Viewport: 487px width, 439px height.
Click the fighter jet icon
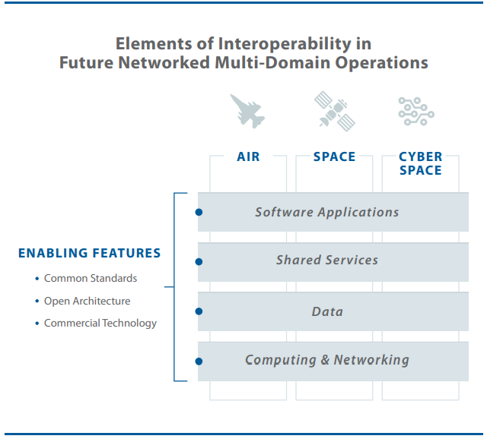click(248, 111)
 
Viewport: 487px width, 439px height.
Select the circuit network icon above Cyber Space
click(416, 111)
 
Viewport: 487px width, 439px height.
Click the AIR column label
click(248, 156)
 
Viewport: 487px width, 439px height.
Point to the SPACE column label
click(334, 156)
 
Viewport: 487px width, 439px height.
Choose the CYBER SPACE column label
click(420, 163)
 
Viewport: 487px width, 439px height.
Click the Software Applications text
click(326, 212)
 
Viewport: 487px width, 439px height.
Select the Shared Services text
click(326, 260)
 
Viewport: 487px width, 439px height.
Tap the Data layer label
click(327, 311)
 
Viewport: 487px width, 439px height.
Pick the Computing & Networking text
click(326, 360)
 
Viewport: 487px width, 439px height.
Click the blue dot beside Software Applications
click(199, 213)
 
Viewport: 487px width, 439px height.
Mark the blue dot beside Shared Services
click(199, 261)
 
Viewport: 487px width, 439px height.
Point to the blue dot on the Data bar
click(199, 311)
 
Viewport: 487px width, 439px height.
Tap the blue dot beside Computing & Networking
click(199, 361)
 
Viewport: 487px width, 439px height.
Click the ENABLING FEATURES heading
click(89, 254)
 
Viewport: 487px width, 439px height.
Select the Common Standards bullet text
click(91, 279)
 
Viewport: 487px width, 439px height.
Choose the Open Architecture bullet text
click(87, 301)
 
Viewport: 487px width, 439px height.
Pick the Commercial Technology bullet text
click(100, 323)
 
